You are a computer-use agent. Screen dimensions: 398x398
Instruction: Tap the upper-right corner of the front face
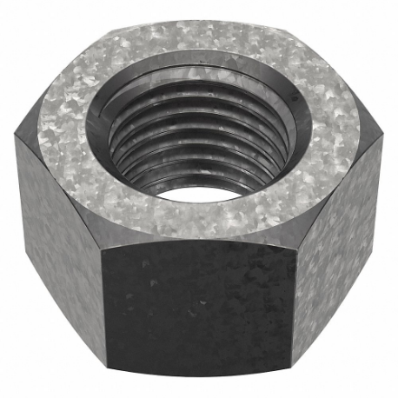[x=295, y=240]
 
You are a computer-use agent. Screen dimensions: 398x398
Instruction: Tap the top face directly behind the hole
[x=199, y=43]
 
